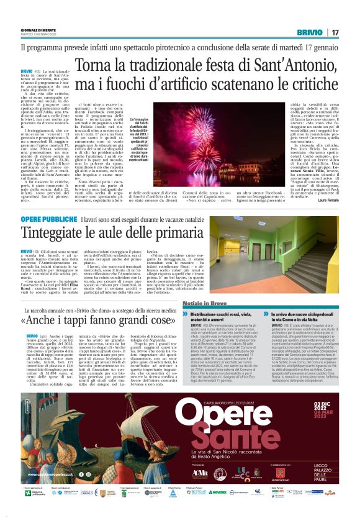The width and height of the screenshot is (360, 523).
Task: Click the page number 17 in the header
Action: (335, 32)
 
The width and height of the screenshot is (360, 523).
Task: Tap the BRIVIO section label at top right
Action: (309, 32)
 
